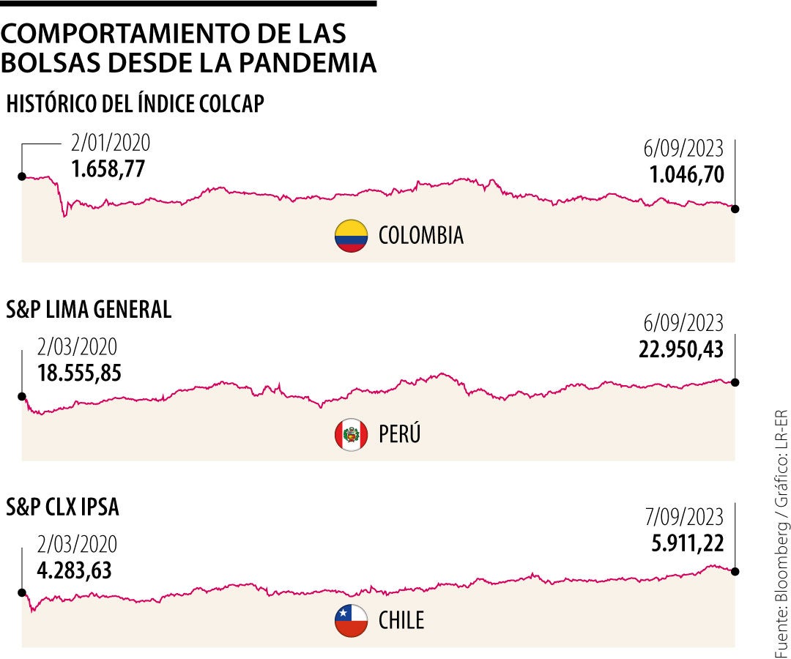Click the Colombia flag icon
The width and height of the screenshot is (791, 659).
click(351, 236)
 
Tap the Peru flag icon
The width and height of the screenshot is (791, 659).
click(351, 435)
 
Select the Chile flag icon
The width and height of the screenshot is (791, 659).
click(351, 621)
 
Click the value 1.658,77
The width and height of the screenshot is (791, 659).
click(108, 169)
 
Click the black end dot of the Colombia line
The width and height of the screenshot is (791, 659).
click(735, 209)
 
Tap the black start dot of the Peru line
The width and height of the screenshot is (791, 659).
click(22, 396)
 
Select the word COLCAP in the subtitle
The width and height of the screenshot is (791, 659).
click(231, 104)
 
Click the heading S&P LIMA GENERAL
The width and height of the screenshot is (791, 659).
click(89, 310)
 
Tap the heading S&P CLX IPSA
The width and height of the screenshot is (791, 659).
click(62, 507)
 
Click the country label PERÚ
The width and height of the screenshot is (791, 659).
click(400, 435)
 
